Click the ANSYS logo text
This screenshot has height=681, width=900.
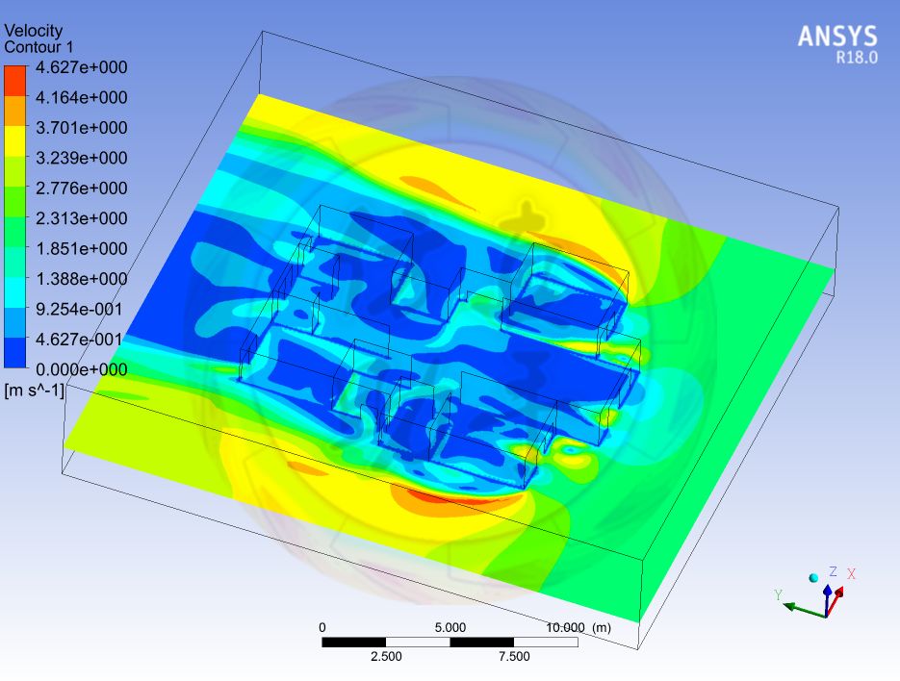pos(837,37)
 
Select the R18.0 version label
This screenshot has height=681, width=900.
pos(857,58)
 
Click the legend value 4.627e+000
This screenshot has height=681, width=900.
pos(82,67)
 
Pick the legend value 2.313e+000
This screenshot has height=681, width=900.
pos(82,218)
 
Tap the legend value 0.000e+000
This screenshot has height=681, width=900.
pos(82,369)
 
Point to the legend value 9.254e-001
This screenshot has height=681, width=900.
pos(79,309)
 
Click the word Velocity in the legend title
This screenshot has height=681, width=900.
pos(34,30)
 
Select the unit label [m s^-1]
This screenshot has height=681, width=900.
pos(34,391)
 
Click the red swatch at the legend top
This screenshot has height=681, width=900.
pos(15,81)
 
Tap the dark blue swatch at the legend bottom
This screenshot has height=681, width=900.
pos(15,352)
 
